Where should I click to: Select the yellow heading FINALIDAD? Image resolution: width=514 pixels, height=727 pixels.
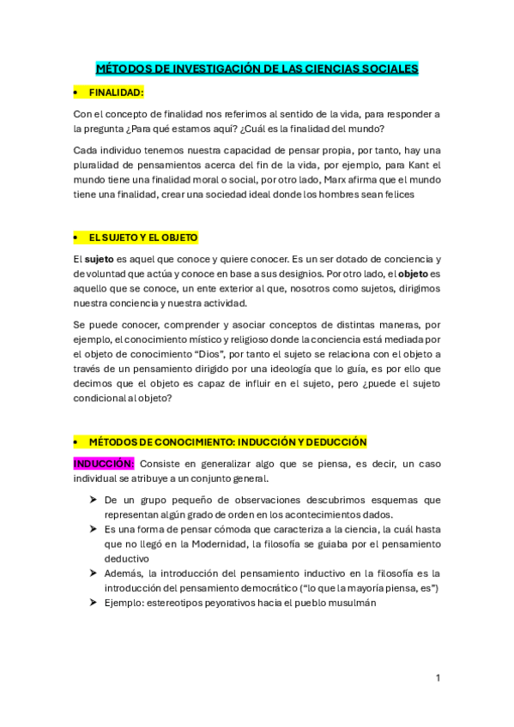[116, 92]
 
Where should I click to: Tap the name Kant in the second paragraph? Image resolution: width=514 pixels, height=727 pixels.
[407, 165]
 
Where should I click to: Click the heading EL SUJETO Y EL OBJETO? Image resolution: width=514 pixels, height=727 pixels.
[143, 237]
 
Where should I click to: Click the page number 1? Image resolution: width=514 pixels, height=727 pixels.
[438, 678]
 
